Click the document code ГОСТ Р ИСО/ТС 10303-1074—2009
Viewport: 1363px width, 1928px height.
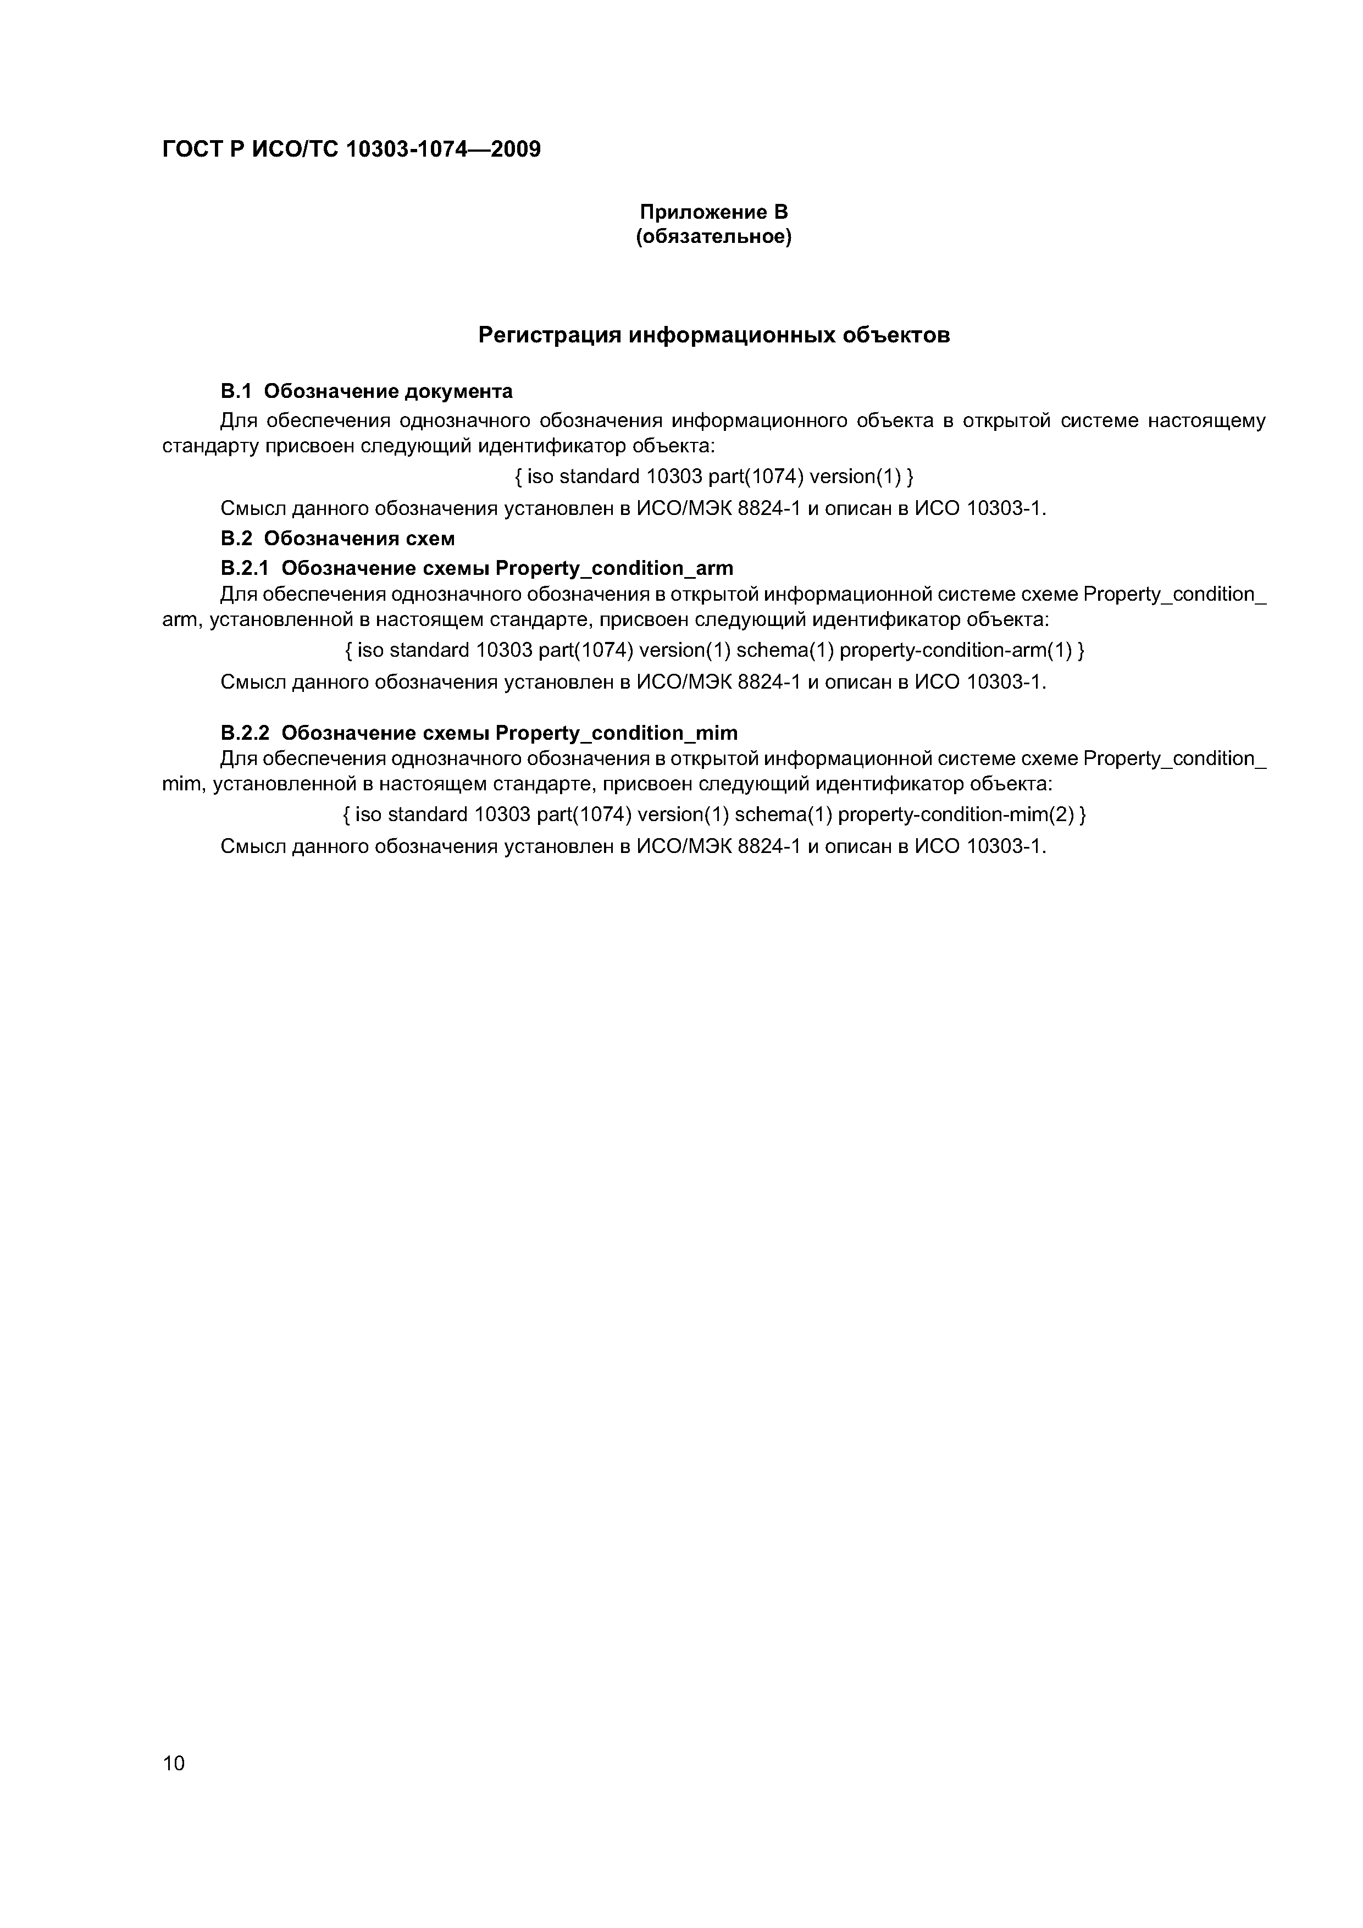351,149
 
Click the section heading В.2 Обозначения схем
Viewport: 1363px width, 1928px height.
337,538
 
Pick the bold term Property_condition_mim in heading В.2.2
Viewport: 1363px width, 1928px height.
617,733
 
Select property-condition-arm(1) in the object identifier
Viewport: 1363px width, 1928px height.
956,650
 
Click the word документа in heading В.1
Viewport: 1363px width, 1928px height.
458,391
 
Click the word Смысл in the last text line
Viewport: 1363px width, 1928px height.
252,846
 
